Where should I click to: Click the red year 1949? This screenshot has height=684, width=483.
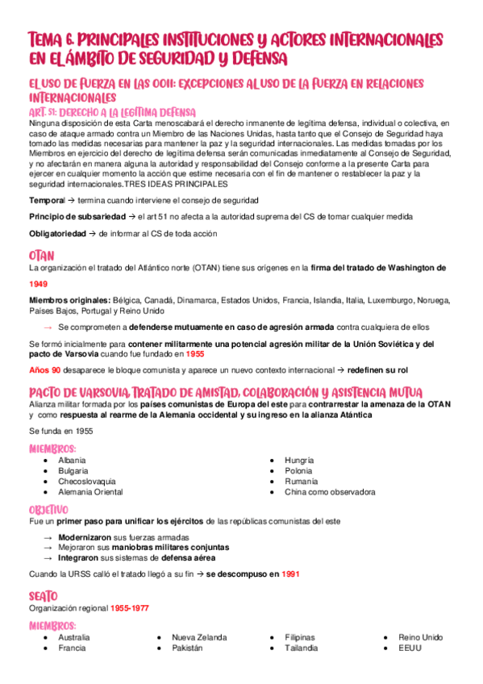click(x=38, y=284)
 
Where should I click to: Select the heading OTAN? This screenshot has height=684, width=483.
click(x=41, y=256)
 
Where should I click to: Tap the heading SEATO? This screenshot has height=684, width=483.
click(x=44, y=595)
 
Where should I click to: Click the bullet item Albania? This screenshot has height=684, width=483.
click(x=72, y=460)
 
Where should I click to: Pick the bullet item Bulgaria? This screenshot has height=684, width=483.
click(x=73, y=470)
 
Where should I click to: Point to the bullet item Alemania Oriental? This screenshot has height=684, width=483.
click(x=90, y=491)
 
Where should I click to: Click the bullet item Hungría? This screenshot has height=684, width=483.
click(x=299, y=460)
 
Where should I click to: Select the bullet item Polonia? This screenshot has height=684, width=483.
click(x=298, y=470)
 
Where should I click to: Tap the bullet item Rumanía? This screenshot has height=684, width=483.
click(x=300, y=481)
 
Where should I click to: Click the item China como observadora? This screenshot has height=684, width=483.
click(x=329, y=491)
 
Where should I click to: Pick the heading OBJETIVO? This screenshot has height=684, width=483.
click(x=48, y=510)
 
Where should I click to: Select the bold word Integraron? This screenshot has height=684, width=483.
click(x=79, y=557)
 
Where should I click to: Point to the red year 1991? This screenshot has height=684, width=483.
click(x=290, y=574)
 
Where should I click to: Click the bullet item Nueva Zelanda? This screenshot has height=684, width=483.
click(x=199, y=637)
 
